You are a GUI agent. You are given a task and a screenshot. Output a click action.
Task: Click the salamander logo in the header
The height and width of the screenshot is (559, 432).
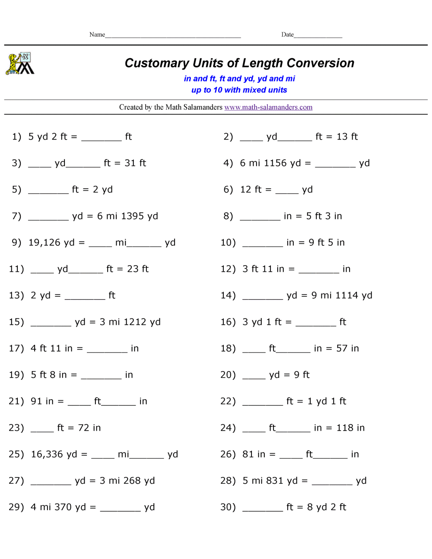tap(20, 64)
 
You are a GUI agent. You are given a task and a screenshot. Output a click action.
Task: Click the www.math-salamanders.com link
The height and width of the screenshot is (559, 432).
tap(268, 107)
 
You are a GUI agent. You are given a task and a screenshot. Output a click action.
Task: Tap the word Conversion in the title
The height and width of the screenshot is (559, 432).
tap(320, 63)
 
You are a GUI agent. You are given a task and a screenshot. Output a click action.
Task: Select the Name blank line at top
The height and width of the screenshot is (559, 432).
tap(173, 36)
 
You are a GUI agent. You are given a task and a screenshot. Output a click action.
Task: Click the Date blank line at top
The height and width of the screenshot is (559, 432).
tap(318, 36)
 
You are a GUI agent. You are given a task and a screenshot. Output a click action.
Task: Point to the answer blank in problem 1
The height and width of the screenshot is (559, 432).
tap(102, 139)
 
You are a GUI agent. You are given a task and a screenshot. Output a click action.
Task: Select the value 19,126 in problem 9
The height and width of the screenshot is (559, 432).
tap(44, 242)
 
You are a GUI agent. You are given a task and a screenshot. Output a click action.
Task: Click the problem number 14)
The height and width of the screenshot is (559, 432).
tap(228, 295)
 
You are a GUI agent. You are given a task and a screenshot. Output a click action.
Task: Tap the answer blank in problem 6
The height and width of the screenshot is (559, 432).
tap(287, 192)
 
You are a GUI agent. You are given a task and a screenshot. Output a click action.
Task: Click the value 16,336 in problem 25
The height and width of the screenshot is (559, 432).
tap(47, 454)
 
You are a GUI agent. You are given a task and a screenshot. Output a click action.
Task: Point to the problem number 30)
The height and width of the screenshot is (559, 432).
tap(228, 507)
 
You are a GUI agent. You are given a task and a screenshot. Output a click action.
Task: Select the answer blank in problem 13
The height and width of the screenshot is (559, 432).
tap(85, 298)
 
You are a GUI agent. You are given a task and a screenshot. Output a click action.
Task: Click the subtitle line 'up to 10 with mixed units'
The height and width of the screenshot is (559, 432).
tap(239, 90)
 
